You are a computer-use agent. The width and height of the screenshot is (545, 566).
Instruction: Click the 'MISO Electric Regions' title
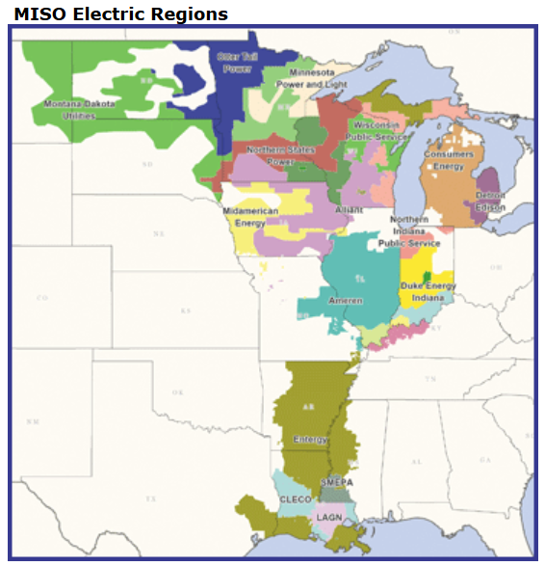point(120,13)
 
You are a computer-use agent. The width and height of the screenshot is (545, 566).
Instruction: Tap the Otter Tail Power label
point(237,63)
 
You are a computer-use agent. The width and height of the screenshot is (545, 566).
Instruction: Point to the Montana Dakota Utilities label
point(78,109)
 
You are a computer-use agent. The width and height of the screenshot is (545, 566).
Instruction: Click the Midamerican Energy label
point(249,217)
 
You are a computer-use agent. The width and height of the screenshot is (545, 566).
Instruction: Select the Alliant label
point(349,209)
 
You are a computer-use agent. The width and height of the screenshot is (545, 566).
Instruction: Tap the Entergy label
point(310,440)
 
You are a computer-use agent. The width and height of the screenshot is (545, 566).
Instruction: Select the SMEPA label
point(336,481)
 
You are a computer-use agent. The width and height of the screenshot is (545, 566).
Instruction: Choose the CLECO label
point(295,499)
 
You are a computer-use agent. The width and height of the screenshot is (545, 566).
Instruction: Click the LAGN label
point(327,518)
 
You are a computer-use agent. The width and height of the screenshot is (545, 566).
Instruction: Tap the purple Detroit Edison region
point(489,183)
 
